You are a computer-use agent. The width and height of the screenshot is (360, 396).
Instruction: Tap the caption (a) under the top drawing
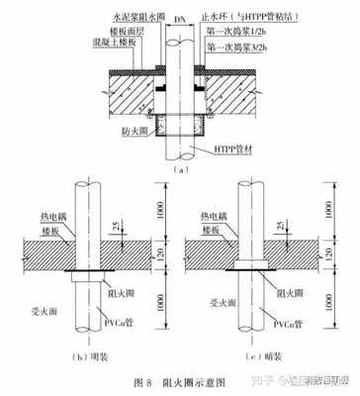(x=178, y=170)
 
